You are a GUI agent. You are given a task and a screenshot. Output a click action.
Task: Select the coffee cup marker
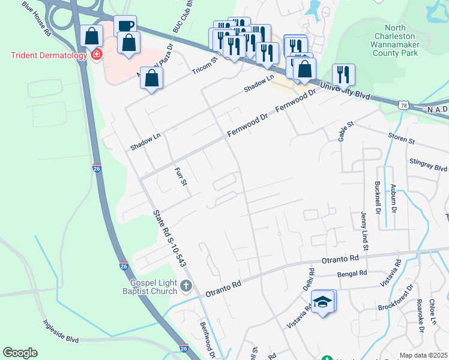pyautogui.click(x=125, y=26)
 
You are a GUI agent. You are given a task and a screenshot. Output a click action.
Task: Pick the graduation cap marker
pyautogui.click(x=323, y=302)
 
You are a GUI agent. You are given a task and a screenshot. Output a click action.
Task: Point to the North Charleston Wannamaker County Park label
pyautogui.click(x=394, y=40)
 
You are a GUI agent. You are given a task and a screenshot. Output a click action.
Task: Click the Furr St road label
pyautogui.click(x=181, y=177)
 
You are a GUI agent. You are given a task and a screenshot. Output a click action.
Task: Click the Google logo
pyautogui.click(x=20, y=353)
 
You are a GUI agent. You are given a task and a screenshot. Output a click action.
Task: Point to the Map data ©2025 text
pyautogui.click(x=423, y=355)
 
